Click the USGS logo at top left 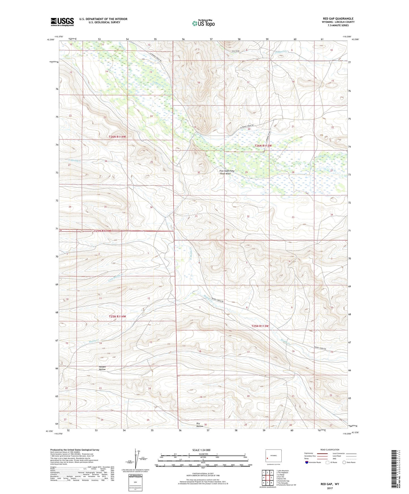point(62,22)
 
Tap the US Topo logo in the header point(203,23)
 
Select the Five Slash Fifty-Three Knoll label point(227,172)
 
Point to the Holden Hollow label point(102,368)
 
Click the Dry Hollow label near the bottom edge point(200,425)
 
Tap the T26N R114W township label point(117,137)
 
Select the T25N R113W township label point(260,326)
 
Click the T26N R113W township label point(263,146)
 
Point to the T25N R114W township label point(117,317)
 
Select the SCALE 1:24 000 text point(201,450)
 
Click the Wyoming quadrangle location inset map point(273,456)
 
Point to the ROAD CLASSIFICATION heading point(330,450)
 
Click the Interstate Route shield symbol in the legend point(307,462)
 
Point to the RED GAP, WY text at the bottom point(329,484)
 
